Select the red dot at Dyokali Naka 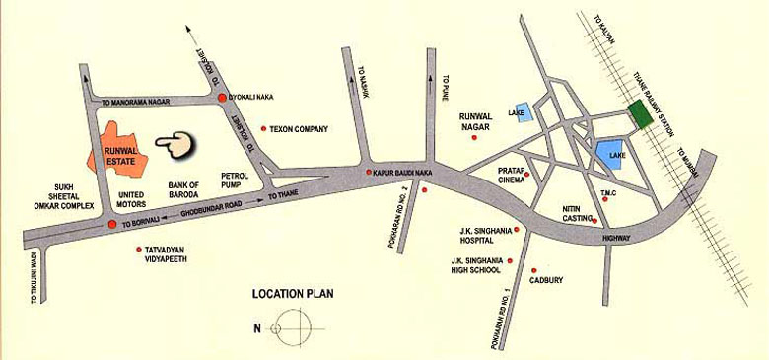pos(223,98)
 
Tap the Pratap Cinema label pos(506,177)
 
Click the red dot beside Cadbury pos(533,270)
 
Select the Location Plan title pos(294,293)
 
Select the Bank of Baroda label pos(184,190)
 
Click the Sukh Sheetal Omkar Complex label pos(62,194)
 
